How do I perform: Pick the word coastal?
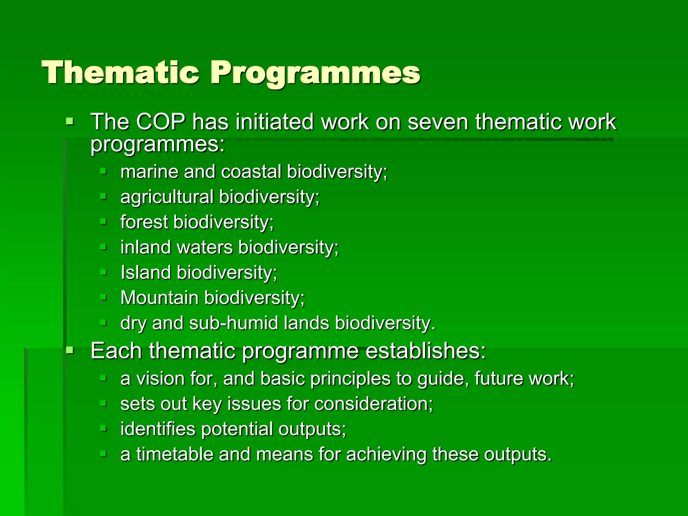[251, 172]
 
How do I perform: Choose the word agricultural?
[167, 197]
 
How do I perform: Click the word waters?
[205, 248]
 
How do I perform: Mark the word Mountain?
[159, 298]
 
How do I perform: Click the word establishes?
[425, 351]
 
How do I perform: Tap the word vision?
[160, 379]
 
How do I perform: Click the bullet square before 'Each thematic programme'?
[70, 351]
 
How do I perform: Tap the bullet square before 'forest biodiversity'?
[103, 222]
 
